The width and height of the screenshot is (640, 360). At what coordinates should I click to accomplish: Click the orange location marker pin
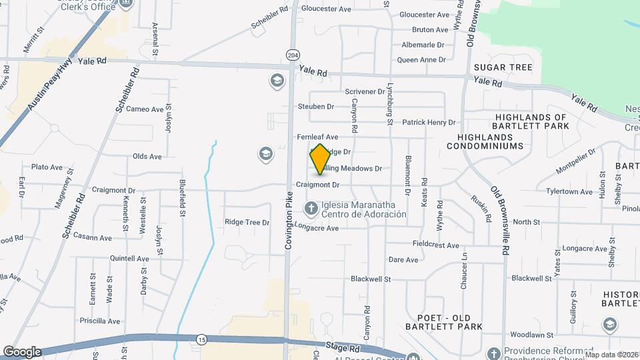tap(320, 159)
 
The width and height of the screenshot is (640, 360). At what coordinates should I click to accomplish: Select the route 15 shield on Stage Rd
tap(201, 340)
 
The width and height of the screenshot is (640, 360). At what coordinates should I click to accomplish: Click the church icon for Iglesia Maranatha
tap(311, 209)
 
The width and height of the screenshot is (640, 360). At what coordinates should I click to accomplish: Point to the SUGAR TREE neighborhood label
tap(503, 67)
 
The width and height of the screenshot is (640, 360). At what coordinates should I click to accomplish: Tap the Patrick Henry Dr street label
tap(429, 123)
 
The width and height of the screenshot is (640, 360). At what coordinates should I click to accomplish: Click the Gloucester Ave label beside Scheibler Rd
tap(326, 9)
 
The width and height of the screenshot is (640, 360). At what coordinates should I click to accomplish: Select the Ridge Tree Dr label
tap(247, 222)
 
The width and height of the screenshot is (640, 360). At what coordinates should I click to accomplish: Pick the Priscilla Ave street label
tap(100, 321)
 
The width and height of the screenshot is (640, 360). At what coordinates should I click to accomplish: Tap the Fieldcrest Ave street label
tap(436, 245)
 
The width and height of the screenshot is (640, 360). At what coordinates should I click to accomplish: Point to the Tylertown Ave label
tap(569, 192)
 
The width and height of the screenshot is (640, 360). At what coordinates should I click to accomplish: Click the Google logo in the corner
tap(21, 352)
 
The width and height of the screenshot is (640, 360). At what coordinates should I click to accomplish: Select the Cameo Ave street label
tap(145, 109)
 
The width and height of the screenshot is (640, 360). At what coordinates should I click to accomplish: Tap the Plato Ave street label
tap(47, 167)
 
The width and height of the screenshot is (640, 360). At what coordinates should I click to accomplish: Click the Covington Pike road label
tap(289, 221)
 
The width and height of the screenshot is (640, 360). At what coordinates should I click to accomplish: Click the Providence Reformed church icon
tap(493, 353)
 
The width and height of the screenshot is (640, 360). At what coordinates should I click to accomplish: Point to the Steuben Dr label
tap(315, 106)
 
